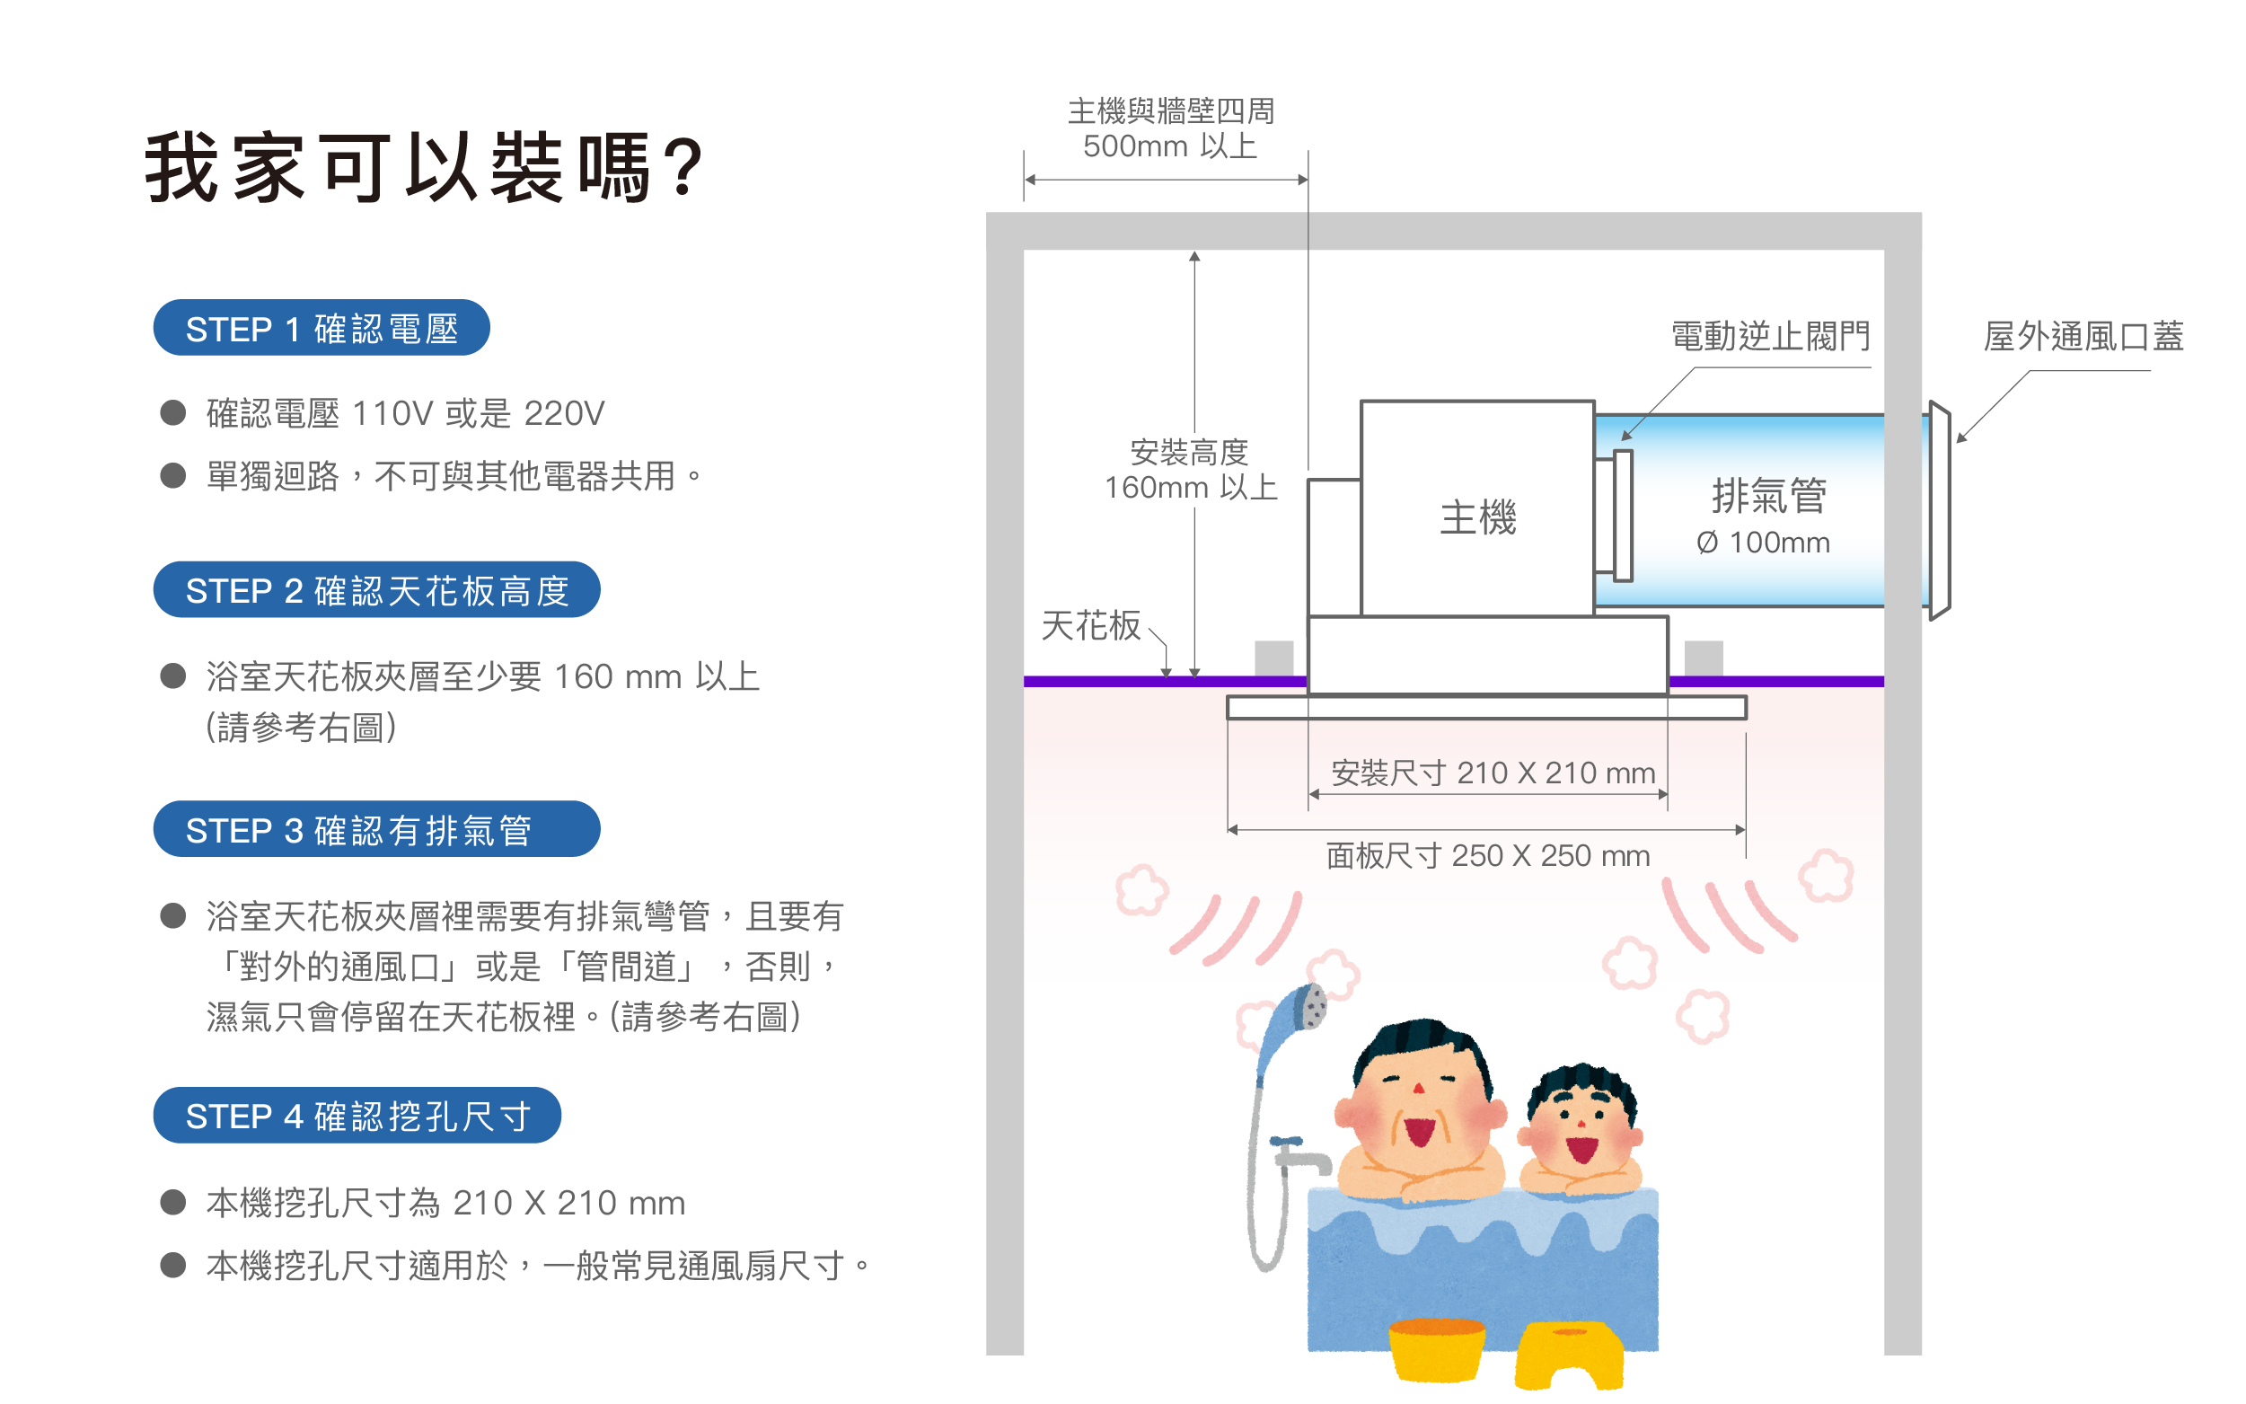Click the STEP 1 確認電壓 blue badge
click(x=321, y=328)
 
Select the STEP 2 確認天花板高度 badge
click(x=376, y=589)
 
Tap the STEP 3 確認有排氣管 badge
click(x=376, y=829)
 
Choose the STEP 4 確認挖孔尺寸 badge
click(x=357, y=1116)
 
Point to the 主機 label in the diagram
click(x=1477, y=517)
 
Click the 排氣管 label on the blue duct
click(x=1769, y=496)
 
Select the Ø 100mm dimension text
click(x=1763, y=543)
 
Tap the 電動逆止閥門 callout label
click(x=1770, y=336)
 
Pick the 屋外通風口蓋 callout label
click(x=2083, y=336)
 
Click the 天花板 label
click(x=1090, y=626)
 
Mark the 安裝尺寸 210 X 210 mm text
click(x=1493, y=773)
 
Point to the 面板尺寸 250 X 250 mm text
click(x=1488, y=855)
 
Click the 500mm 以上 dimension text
click(x=1169, y=146)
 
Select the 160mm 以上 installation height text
click(x=1191, y=488)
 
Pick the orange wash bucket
click(x=1436, y=1348)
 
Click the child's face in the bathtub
click(x=1581, y=1124)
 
